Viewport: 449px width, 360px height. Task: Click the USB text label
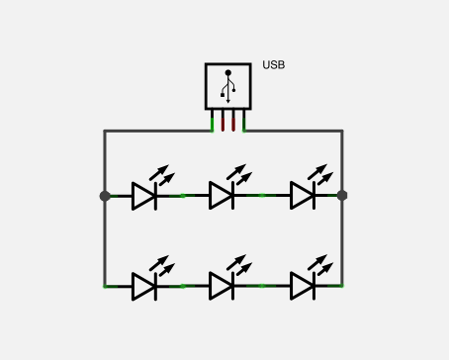(274, 66)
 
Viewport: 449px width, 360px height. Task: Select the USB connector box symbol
(227, 86)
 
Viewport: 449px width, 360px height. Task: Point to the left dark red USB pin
(223, 121)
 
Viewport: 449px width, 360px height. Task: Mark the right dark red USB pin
(233, 121)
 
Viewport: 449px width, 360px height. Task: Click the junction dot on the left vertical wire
(105, 196)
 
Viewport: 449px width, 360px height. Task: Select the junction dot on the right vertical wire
(342, 196)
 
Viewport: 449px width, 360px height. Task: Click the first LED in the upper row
(144, 196)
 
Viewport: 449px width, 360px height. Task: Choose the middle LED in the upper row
(222, 196)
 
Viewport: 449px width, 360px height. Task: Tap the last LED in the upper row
(303, 196)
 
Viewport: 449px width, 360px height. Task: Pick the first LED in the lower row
(144, 286)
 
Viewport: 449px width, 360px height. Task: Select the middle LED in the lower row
(222, 286)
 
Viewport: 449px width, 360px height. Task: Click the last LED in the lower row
(303, 286)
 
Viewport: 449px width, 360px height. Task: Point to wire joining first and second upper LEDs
(183, 196)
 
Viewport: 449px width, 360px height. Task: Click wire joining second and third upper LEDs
(262, 196)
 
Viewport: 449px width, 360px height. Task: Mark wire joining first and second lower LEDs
(183, 286)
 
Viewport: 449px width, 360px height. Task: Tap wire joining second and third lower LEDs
(262, 286)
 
